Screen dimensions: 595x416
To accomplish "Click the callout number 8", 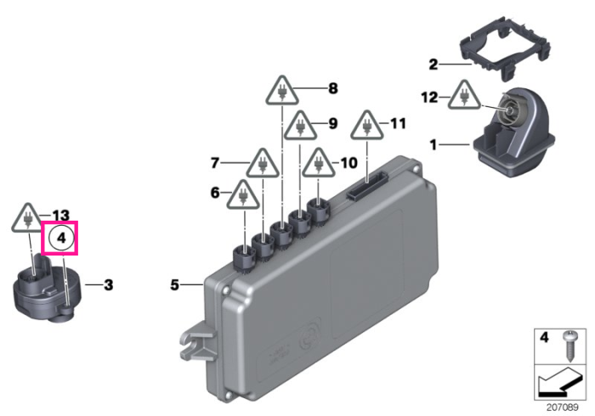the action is pos(333,88).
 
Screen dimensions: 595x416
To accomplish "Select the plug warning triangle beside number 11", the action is pos(366,125).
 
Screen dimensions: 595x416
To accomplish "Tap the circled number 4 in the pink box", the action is pos(61,239).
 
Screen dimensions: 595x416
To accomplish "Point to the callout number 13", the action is pos(60,216).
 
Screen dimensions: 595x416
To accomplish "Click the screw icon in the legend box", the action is pos(569,346).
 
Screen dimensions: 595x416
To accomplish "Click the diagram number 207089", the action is pos(563,408).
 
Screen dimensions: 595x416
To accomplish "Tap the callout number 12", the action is pos(429,98).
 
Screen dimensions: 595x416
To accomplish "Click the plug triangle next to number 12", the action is pos(464,95).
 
